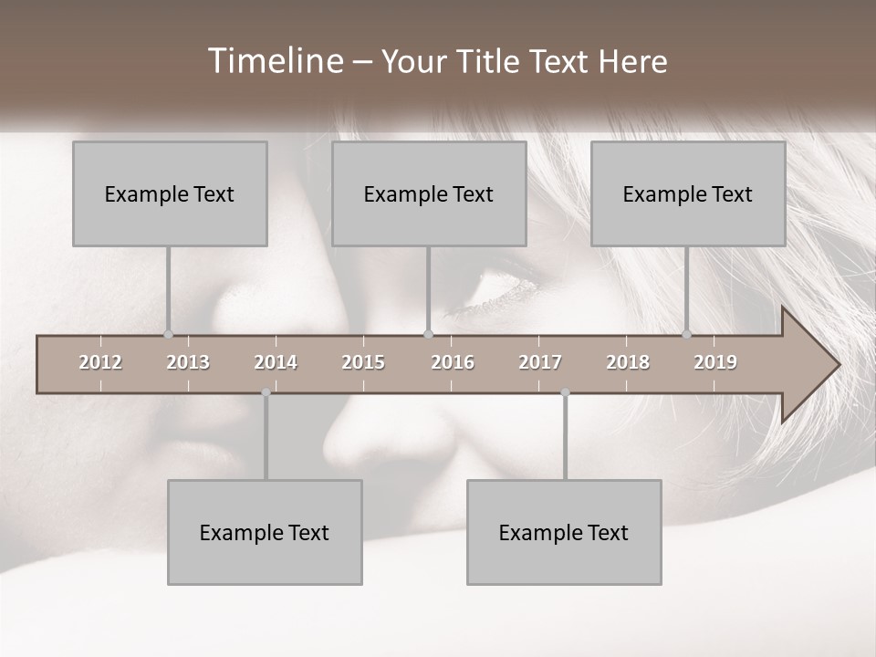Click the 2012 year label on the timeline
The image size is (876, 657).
pos(100,362)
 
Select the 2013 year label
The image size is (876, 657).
pos(188,362)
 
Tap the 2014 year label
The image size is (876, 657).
pos(276,362)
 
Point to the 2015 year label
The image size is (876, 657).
pos(363,362)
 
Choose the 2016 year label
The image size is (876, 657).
pos(453,362)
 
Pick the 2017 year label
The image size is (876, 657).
pos(540,362)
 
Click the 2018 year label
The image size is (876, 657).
pos(628,362)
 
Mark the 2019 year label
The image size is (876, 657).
pos(715,362)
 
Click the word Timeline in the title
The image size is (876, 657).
pos(275,61)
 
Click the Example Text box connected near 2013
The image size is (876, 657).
pos(170,193)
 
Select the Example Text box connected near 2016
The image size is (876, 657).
pos(429,193)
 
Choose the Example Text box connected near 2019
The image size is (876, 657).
pos(688,193)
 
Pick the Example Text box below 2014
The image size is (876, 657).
pos(265,532)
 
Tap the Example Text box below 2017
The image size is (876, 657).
pos(564,532)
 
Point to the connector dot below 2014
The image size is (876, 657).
pos(266,392)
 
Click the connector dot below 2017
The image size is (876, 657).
pos(565,392)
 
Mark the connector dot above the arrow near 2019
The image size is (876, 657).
pos(687,335)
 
